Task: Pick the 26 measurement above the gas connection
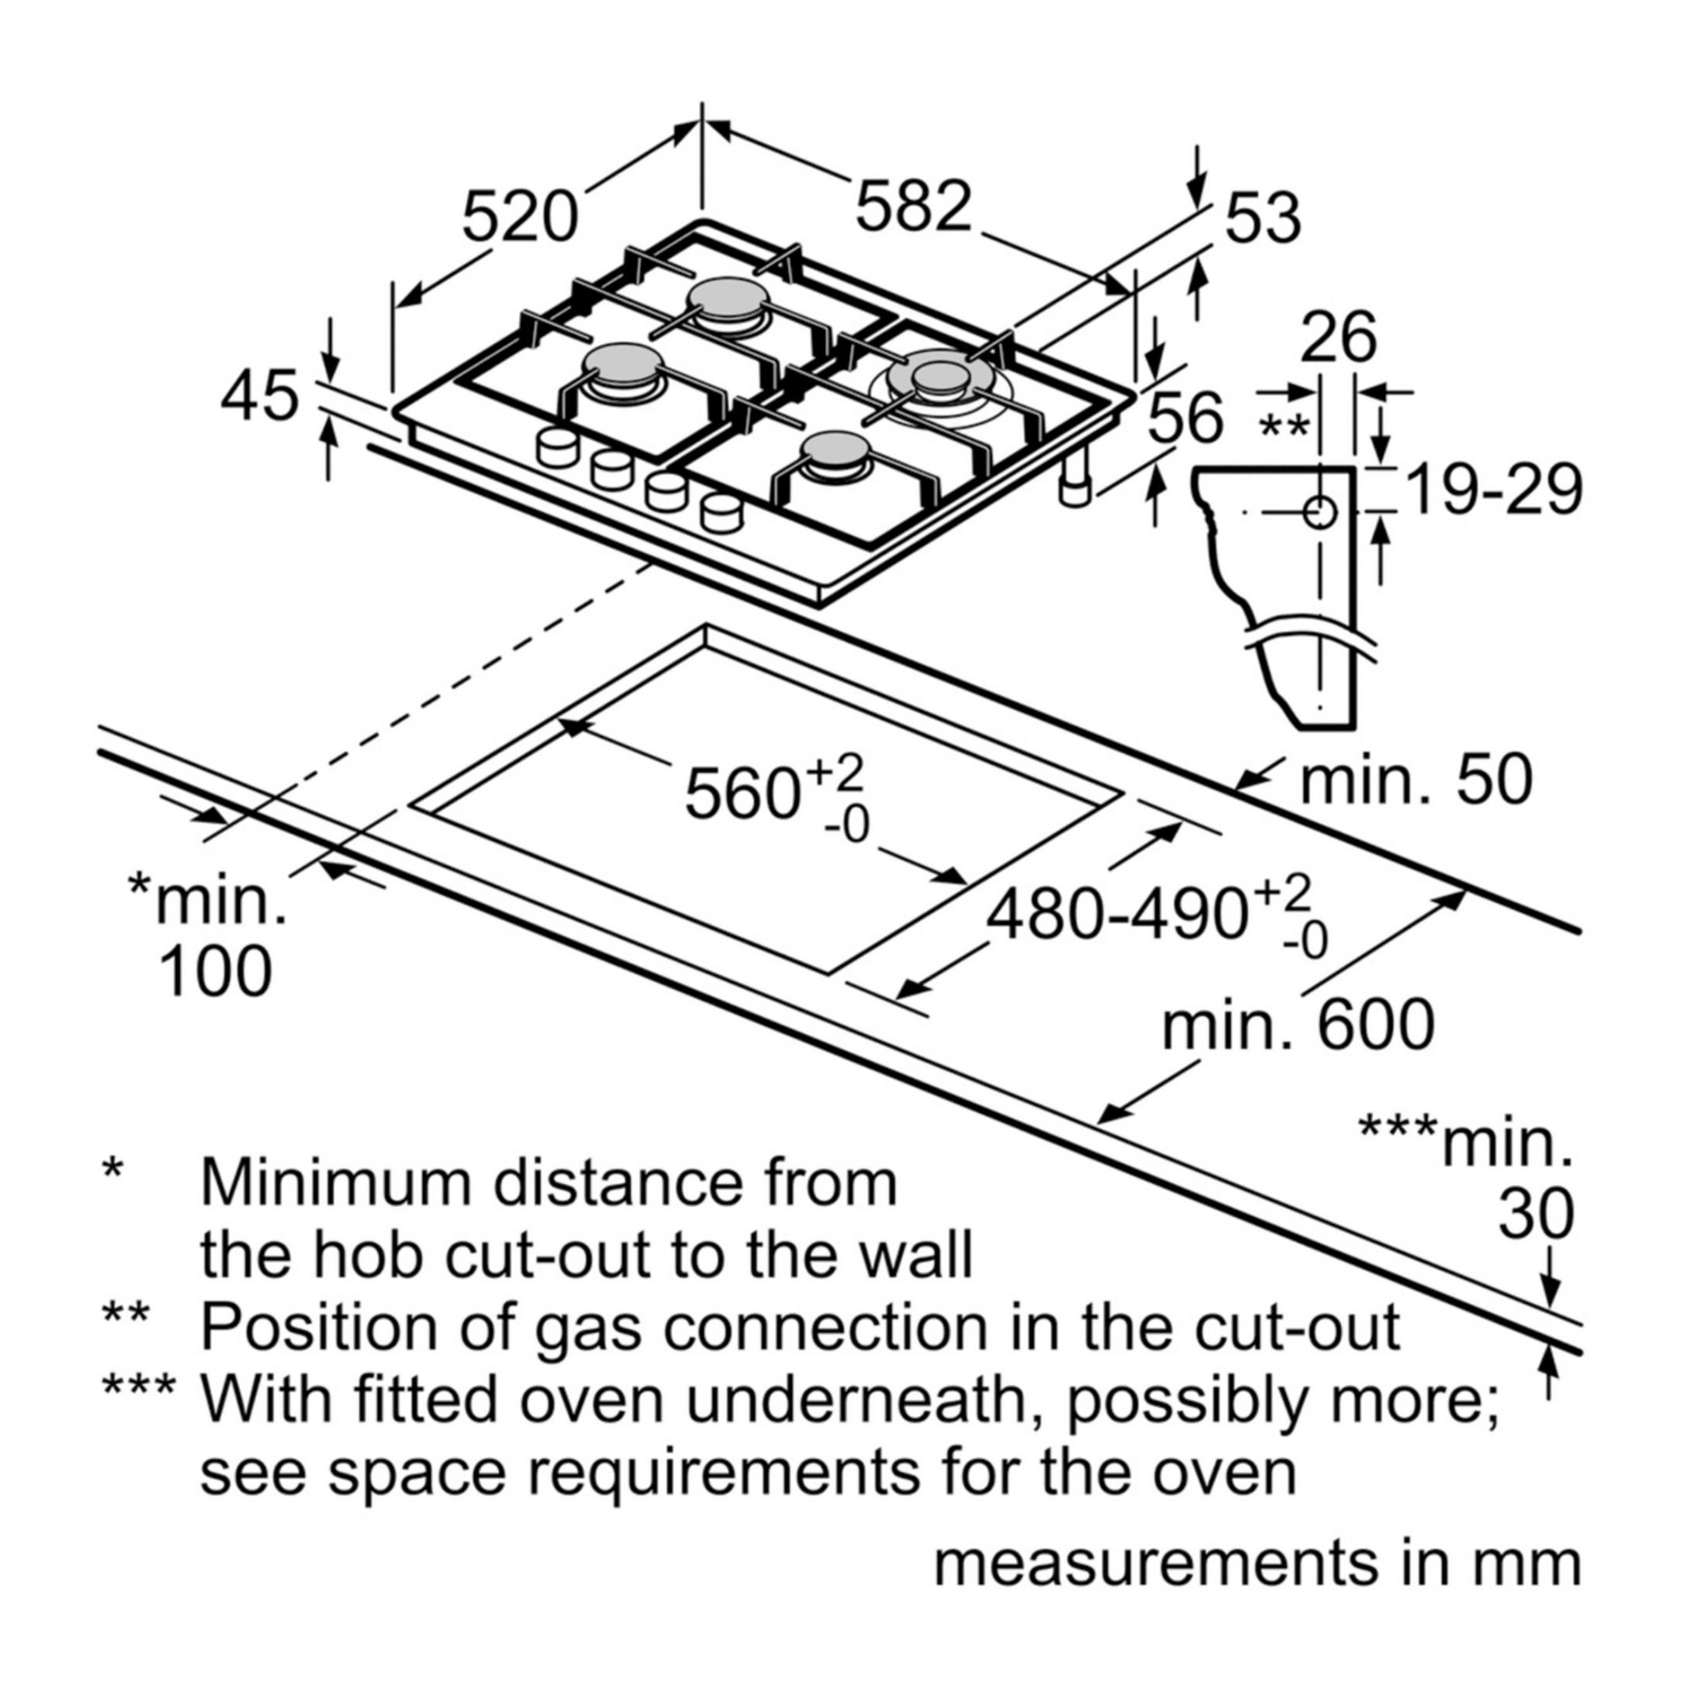[1338, 337]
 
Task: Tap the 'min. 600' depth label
[1298, 1024]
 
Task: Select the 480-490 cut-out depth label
[1117, 916]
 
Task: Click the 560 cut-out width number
[742, 794]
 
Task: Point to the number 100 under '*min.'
[215, 972]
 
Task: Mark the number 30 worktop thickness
[1536, 1214]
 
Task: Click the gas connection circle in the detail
[1319, 512]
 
